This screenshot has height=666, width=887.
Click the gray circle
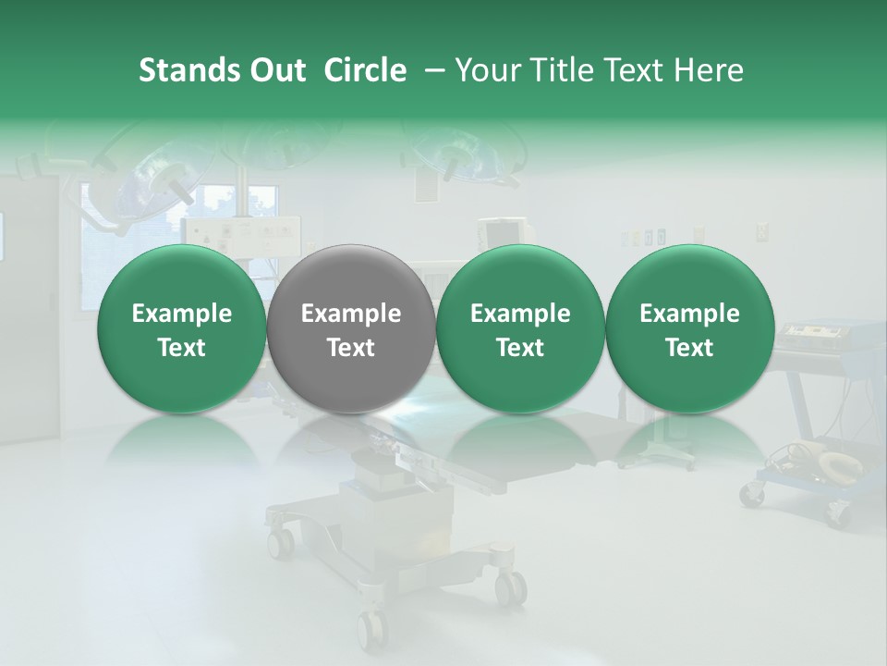click(351, 328)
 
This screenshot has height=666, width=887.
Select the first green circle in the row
click(181, 328)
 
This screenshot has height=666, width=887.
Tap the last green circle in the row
click(689, 328)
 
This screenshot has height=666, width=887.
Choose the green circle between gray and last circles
click(520, 328)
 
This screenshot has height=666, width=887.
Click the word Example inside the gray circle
click(351, 314)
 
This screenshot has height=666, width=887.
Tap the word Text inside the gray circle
click(351, 348)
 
